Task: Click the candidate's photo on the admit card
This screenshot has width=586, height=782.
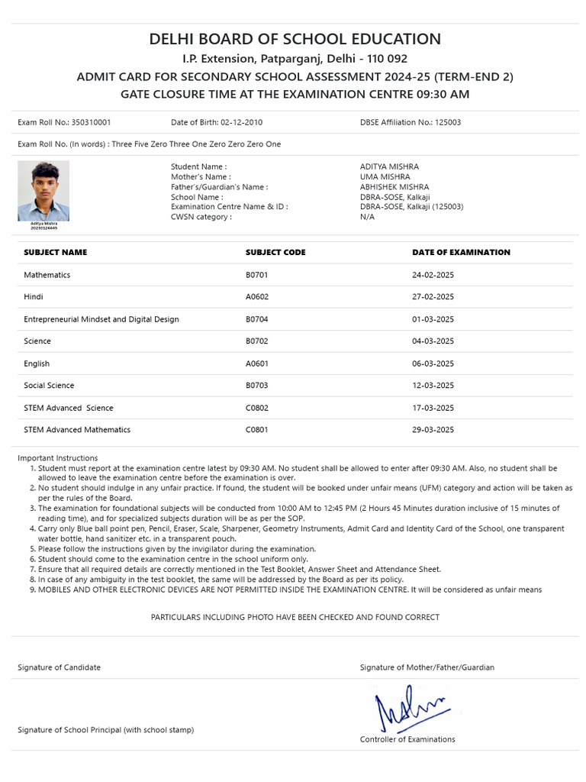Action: pyautogui.click(x=43, y=191)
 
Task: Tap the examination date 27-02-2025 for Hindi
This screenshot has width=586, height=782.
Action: pyautogui.click(x=433, y=297)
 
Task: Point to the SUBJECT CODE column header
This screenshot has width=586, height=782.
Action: pyautogui.click(x=275, y=253)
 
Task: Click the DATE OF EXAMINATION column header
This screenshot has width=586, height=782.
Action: pyautogui.click(x=461, y=253)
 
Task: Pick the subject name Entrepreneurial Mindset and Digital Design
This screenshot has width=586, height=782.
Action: pyautogui.click(x=101, y=319)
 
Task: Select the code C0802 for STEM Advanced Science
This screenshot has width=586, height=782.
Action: pyautogui.click(x=257, y=408)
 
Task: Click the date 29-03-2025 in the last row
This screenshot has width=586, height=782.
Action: pyautogui.click(x=433, y=430)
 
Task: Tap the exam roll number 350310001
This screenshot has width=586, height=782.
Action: pyautogui.click(x=91, y=122)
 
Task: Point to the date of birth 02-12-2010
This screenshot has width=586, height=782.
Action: pyautogui.click(x=242, y=122)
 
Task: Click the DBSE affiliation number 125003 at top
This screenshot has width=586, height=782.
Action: pyautogui.click(x=448, y=122)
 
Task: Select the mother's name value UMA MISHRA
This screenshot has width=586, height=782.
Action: pyautogui.click(x=385, y=176)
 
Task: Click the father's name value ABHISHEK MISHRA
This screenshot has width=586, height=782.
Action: pyautogui.click(x=394, y=187)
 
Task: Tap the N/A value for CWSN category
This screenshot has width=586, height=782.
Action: pyautogui.click(x=367, y=217)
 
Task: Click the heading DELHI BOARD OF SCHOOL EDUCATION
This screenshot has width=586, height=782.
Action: pyautogui.click(x=295, y=40)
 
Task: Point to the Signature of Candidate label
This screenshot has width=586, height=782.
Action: pyautogui.click(x=59, y=667)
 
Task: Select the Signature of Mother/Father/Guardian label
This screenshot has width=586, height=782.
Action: pyautogui.click(x=427, y=667)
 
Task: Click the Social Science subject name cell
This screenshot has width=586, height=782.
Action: pyautogui.click(x=49, y=386)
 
